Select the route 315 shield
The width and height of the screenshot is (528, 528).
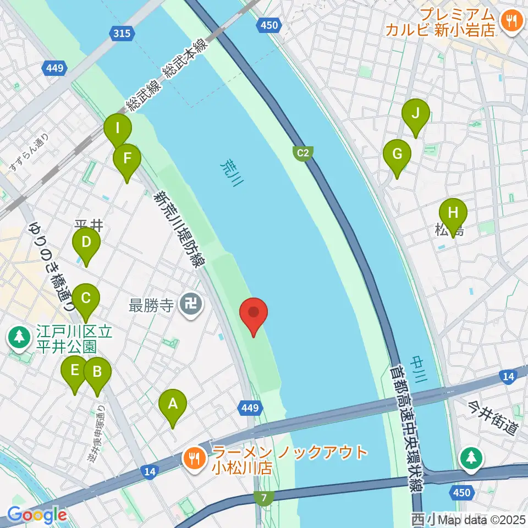pos(122,34)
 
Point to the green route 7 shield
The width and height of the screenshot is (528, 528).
pos(265,498)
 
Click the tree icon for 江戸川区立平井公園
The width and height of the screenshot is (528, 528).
pos(20,336)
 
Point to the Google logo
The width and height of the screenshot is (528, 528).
pos(37,515)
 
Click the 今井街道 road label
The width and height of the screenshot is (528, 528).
pos(493,418)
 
